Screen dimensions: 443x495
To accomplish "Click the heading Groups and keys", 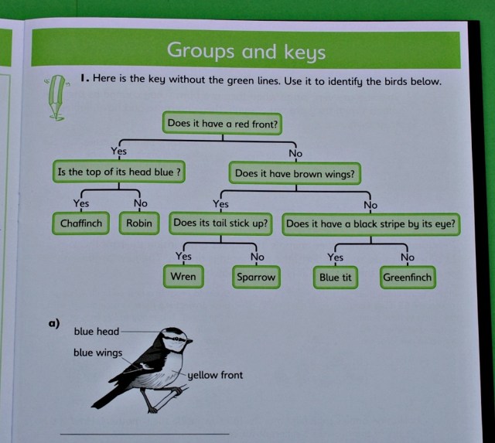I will tap(246, 52).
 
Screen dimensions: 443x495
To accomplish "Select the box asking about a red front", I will tap(223, 123).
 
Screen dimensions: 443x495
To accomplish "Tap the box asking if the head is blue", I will tap(120, 172).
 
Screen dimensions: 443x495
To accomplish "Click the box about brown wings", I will tap(295, 173).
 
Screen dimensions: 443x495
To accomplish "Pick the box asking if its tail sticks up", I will tap(221, 223).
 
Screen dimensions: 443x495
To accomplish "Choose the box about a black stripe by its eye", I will tap(370, 224).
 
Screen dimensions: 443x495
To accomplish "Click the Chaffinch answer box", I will tap(81, 223).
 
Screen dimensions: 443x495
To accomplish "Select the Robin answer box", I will tap(139, 223).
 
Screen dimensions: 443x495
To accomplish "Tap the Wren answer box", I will tap(183, 276).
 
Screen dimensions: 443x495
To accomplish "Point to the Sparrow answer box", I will tap(255, 276).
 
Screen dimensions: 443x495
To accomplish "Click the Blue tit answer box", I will tap(336, 277).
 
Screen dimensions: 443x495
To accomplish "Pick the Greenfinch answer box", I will tap(408, 277).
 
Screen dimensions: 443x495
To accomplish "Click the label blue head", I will tap(97, 331).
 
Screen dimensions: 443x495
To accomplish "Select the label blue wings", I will tap(98, 353).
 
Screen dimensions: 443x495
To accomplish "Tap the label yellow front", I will tap(216, 375).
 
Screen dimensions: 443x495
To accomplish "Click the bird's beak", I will tap(189, 339).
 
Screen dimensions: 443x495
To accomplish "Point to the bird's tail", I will tap(105, 398).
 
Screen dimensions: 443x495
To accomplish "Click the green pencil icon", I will tap(55, 97).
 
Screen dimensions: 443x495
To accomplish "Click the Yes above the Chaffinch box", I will tap(81, 203).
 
